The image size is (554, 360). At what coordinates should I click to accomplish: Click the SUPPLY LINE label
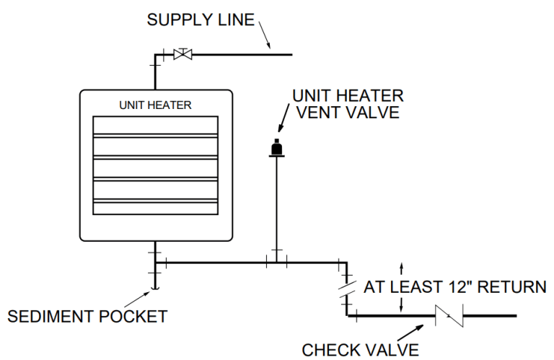pos(201,19)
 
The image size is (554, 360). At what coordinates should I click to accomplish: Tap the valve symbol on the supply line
pos(184,54)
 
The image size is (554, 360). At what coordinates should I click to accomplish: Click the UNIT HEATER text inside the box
pos(155,105)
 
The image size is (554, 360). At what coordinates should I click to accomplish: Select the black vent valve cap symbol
pos(275,148)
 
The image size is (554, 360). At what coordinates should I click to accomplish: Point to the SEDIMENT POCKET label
pos(87,316)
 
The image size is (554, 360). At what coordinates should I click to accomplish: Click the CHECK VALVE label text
pos(360,350)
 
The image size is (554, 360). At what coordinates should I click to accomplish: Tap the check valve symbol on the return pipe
pos(448,315)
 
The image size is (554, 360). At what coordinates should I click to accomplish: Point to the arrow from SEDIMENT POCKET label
pos(138,299)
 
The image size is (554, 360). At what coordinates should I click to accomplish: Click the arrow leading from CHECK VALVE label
pos(407,331)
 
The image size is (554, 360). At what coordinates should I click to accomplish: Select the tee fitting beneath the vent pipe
pos(275,262)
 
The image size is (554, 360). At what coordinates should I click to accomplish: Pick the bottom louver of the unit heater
pos(155,208)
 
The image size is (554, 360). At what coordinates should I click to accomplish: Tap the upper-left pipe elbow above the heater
pos(154,55)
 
